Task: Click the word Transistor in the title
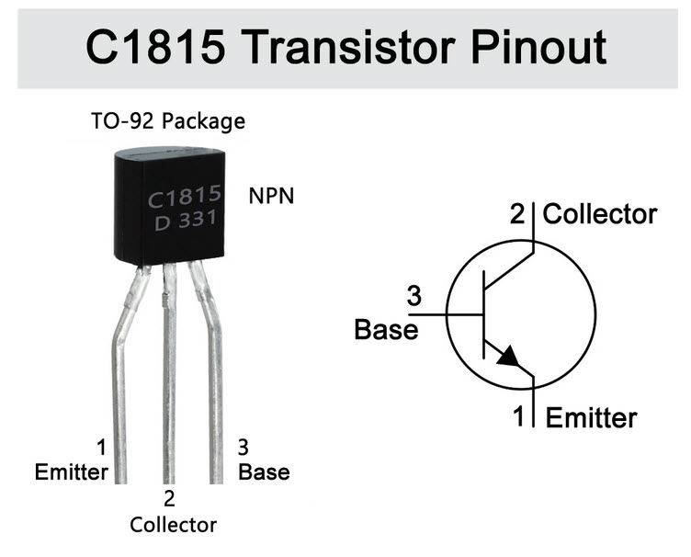coord(349,47)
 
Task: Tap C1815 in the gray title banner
coord(155,47)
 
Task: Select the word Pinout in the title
coord(538,47)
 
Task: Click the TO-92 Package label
coord(168,121)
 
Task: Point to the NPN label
coord(271,196)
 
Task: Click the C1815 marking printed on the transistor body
coord(184,197)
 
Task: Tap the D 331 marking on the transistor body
coord(186,220)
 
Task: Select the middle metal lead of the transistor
coord(169,375)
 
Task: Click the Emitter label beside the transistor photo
coord(72,472)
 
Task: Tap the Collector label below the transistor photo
coord(173,525)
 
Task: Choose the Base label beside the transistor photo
coord(264,472)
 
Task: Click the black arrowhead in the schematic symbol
coord(509,357)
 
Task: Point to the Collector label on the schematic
coord(600,214)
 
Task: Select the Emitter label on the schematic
coord(592,417)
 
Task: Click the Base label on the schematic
coord(386,330)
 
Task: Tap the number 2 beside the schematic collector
coord(518,214)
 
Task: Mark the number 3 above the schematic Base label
coord(413,296)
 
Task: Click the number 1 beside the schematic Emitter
coord(518,416)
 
